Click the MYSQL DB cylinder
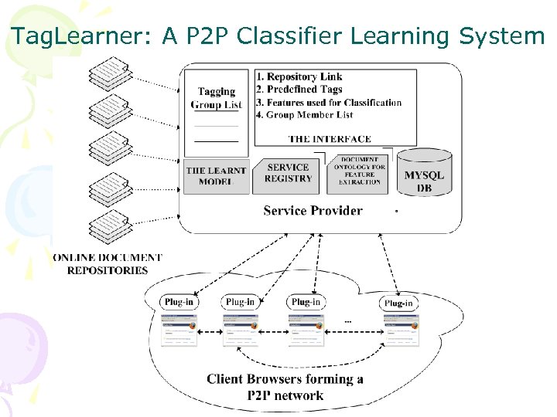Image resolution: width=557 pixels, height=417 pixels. pyautogui.click(x=424, y=175)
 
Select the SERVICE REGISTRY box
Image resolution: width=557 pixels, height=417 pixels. pyautogui.click(x=288, y=173)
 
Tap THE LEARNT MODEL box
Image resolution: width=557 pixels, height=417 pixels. pyautogui.click(x=216, y=176)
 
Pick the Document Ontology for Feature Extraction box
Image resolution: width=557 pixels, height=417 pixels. pyautogui.click(x=359, y=171)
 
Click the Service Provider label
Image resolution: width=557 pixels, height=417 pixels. pyautogui.click(x=313, y=210)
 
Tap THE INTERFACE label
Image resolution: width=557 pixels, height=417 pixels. pyautogui.click(x=330, y=139)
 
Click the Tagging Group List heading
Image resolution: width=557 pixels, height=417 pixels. pyautogui.click(x=217, y=98)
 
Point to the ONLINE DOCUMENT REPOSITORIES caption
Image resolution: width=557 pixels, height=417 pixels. pyautogui.click(x=108, y=263)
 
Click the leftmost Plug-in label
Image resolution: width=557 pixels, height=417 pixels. pyautogui.click(x=179, y=302)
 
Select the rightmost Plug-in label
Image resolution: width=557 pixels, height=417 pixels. pyautogui.click(x=398, y=303)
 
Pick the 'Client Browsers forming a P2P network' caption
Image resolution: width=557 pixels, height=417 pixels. pyautogui.click(x=285, y=387)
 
